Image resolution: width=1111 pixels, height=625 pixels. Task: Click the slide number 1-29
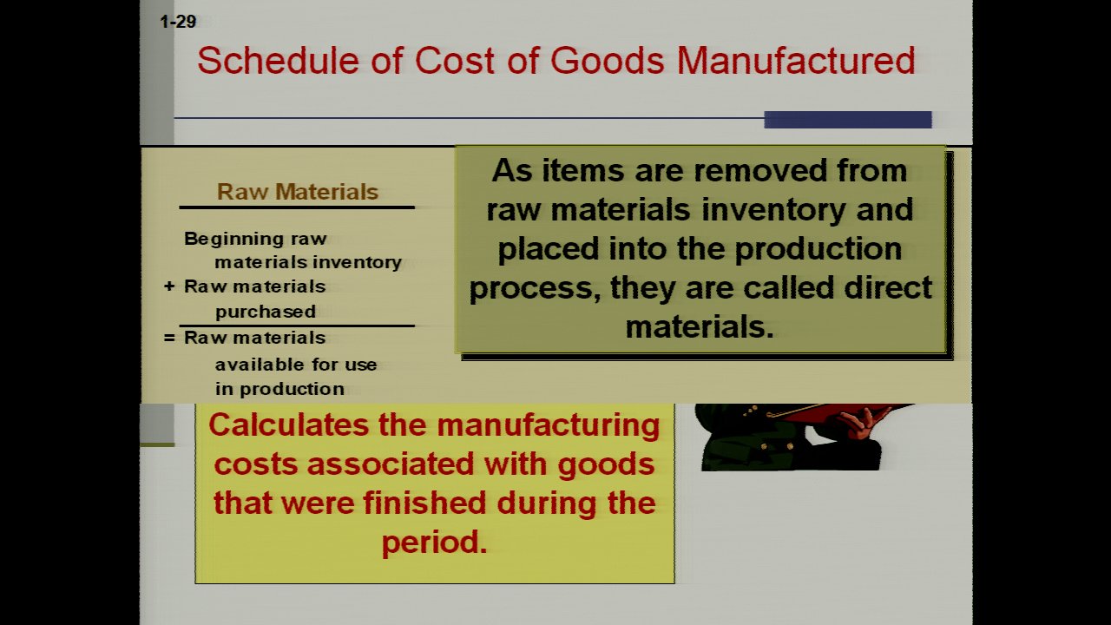[x=178, y=22]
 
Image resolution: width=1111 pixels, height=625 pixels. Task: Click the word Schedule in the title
[x=279, y=61]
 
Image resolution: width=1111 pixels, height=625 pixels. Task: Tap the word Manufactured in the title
[x=796, y=61]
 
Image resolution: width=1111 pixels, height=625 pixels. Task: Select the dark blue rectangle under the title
[x=848, y=120]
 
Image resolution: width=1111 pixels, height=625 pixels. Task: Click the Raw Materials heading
[x=298, y=192]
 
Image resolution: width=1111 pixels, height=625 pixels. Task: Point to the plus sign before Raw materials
[x=169, y=286]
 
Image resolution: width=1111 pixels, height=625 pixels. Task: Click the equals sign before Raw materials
[x=169, y=338]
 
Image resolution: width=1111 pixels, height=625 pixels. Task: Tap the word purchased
[x=266, y=312]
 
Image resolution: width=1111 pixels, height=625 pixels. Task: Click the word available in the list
[x=256, y=365]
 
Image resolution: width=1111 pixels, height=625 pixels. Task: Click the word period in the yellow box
[x=434, y=543]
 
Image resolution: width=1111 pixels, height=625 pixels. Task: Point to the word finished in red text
[x=424, y=503]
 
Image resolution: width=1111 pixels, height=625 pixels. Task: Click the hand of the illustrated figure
[x=860, y=423]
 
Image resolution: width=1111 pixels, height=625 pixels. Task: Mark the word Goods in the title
[x=607, y=61]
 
